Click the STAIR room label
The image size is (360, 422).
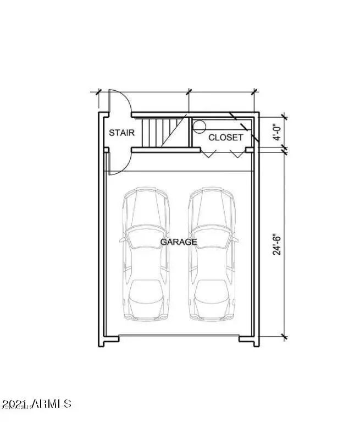(x=121, y=133)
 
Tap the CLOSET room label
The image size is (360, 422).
(x=225, y=138)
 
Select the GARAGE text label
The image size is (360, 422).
(x=179, y=242)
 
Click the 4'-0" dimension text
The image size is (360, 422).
(x=277, y=132)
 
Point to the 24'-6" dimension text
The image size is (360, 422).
(x=277, y=244)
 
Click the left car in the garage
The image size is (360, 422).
(x=146, y=254)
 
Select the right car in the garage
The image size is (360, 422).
(x=212, y=254)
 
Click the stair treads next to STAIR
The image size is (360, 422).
(x=164, y=133)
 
